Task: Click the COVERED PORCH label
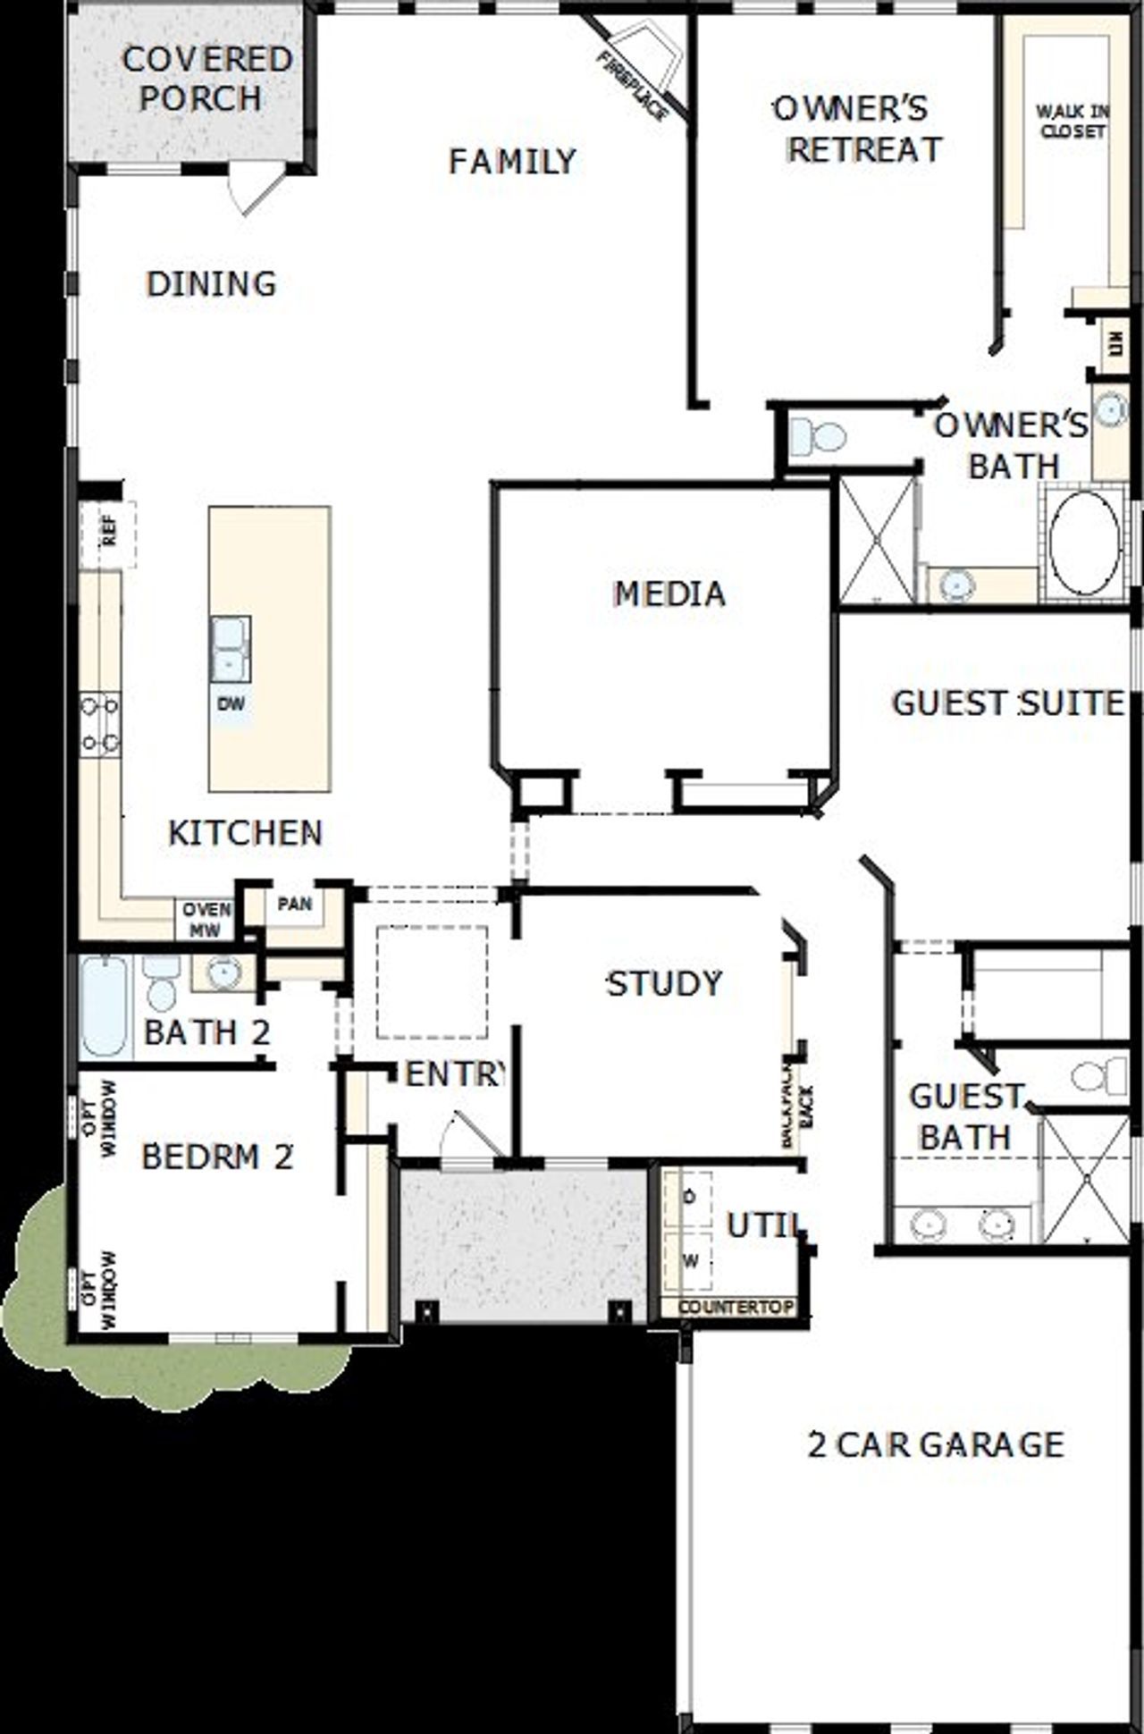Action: pyautogui.click(x=206, y=79)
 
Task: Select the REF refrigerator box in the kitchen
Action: pyautogui.click(x=107, y=535)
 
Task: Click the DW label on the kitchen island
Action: pyautogui.click(x=231, y=704)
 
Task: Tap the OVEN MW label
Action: pyautogui.click(x=206, y=919)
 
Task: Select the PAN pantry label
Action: pyautogui.click(x=295, y=904)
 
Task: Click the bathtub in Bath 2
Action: pyautogui.click(x=105, y=1007)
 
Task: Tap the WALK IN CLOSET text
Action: pyautogui.click(x=1072, y=122)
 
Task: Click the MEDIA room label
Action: pyautogui.click(x=669, y=593)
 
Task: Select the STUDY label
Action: pyautogui.click(x=664, y=983)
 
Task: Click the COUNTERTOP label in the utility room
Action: pyautogui.click(x=735, y=1307)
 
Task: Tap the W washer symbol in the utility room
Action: pyautogui.click(x=689, y=1261)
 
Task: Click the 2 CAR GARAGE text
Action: pyautogui.click(x=936, y=1445)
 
